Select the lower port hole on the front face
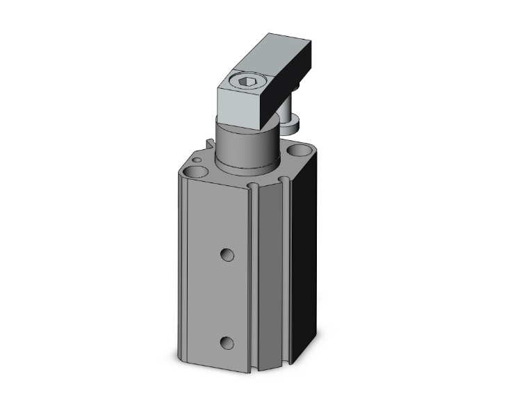tap(225, 342)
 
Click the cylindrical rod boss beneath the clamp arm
tap(245, 142)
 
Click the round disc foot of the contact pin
tap(292, 126)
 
